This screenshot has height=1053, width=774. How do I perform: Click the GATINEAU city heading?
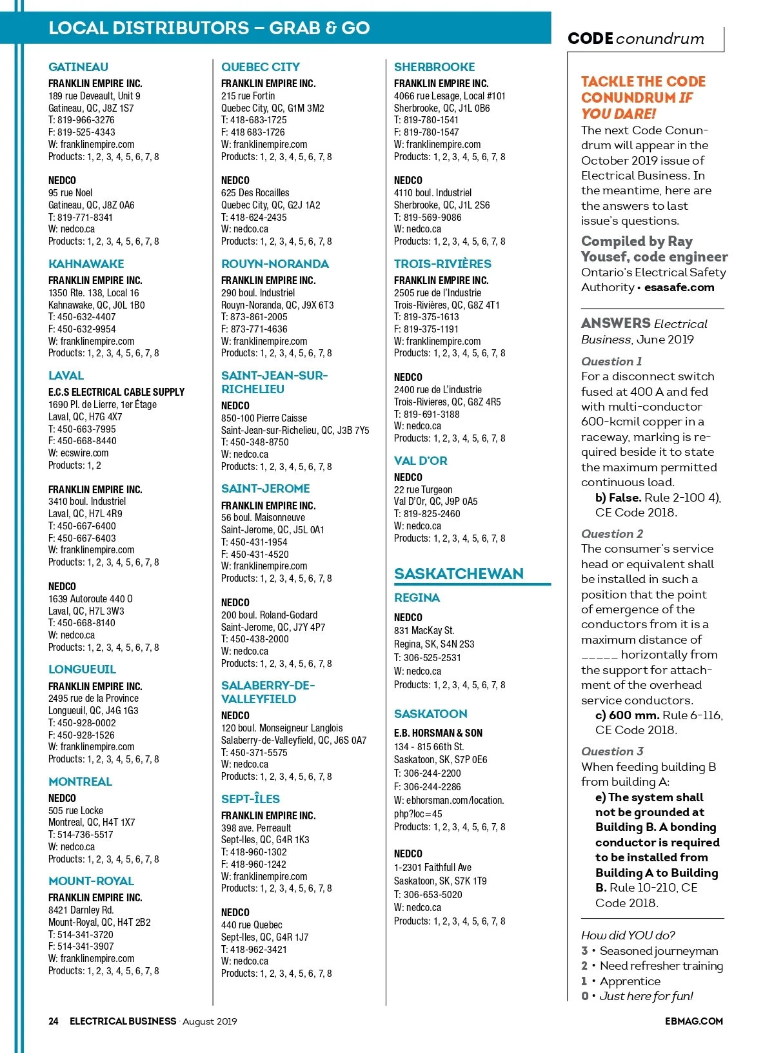pos(78,66)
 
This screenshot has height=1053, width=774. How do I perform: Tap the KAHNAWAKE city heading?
pos(86,263)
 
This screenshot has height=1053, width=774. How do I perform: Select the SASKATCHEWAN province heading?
pos(459,574)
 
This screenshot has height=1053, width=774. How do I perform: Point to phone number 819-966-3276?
pos(86,120)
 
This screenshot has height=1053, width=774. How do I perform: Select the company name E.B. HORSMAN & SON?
pos(438,733)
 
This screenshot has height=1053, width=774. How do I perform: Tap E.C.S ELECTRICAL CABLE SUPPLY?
pos(116,392)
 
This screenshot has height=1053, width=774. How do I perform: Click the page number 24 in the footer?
pos(54,1021)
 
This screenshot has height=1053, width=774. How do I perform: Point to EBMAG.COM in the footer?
pos(693,1021)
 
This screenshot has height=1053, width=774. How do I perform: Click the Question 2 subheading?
pos(611,534)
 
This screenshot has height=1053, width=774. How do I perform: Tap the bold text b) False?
pos(618,498)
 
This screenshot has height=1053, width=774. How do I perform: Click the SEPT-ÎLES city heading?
pos(250,799)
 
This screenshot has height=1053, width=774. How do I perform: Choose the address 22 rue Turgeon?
pos(423,489)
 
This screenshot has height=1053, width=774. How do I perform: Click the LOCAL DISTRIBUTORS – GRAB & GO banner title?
pos(209,28)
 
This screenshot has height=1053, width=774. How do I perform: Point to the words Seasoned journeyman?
pos(659,951)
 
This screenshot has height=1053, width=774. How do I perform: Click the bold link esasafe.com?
pos(679,287)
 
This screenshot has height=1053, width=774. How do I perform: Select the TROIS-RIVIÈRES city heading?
pos(442,263)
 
